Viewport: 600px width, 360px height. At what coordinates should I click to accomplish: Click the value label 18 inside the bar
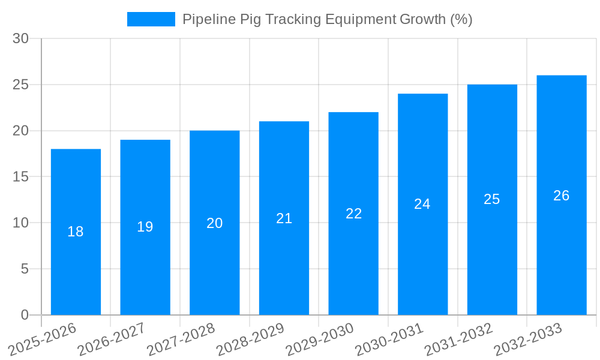(x=76, y=232)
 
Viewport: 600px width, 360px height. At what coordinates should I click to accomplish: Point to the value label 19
(x=145, y=227)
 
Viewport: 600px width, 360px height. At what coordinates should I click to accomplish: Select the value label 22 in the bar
(x=353, y=214)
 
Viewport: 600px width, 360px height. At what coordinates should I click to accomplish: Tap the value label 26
(x=561, y=196)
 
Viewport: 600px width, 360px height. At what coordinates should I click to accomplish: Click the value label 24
(x=422, y=204)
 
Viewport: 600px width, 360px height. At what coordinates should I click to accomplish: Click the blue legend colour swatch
(x=151, y=19)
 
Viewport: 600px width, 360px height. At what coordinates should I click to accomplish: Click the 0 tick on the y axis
(x=25, y=315)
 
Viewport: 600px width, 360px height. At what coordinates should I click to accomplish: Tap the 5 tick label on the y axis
(x=25, y=269)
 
